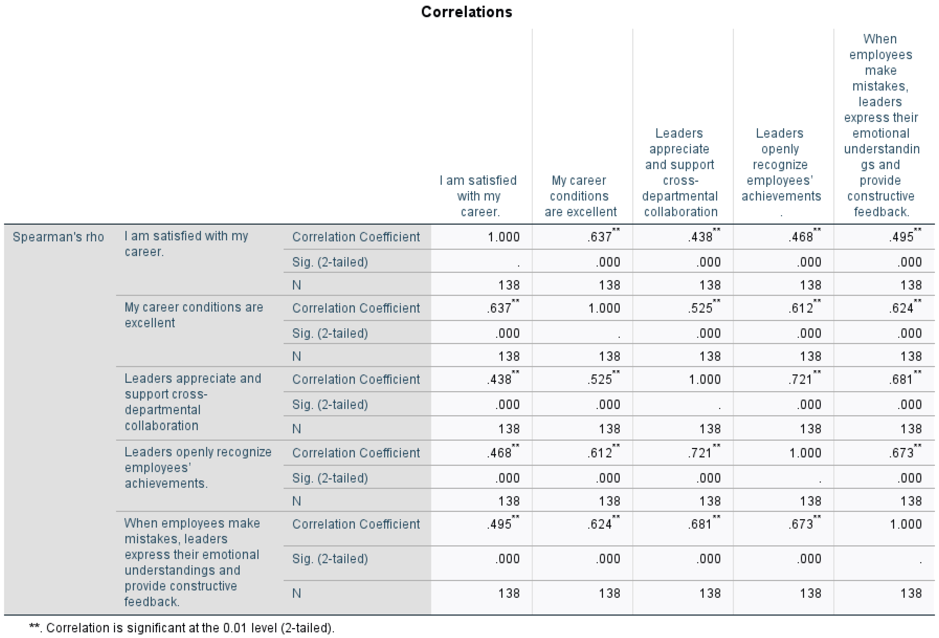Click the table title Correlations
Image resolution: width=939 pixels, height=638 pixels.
tap(466, 12)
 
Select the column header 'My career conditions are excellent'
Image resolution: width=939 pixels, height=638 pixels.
tap(580, 196)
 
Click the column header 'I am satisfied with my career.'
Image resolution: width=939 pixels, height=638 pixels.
tap(479, 196)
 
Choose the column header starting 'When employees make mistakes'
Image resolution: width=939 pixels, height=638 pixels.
tap(881, 125)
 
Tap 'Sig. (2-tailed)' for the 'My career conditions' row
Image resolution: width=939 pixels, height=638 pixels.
tap(330, 333)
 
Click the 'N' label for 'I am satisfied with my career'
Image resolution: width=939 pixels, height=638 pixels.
tap(296, 285)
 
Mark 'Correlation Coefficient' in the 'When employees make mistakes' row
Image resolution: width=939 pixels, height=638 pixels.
tap(356, 524)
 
